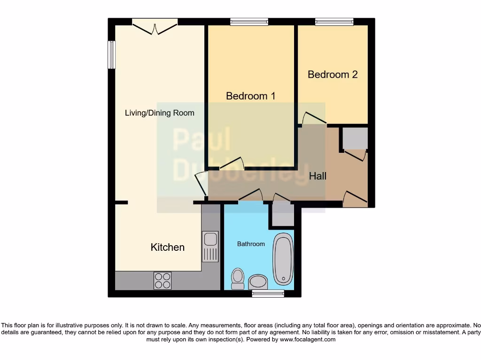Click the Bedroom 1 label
(x=250, y=96)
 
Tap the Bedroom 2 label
(x=333, y=75)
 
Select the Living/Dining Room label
(x=159, y=113)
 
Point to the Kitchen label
(x=167, y=247)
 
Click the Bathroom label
(x=250, y=244)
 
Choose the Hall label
(x=318, y=176)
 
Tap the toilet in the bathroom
(x=238, y=278)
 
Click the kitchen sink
(x=210, y=246)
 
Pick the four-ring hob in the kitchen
(x=163, y=280)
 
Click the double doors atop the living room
(x=155, y=26)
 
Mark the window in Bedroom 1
(x=249, y=22)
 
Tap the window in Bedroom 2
(x=334, y=22)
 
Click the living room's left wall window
(x=111, y=55)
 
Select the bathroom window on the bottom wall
(x=268, y=293)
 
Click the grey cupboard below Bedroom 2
(x=355, y=138)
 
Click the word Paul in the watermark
(x=202, y=139)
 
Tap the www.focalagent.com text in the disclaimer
(x=308, y=339)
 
